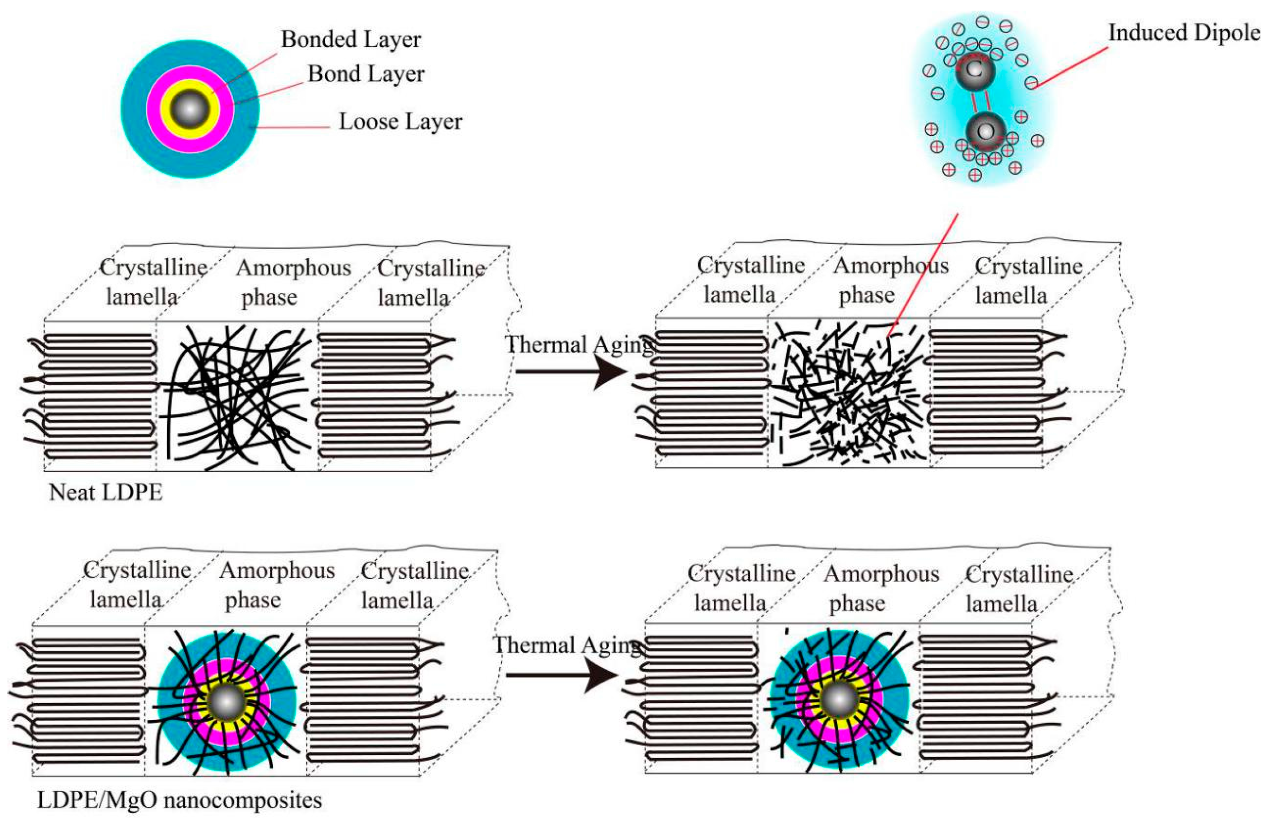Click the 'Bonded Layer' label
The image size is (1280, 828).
coord(351,40)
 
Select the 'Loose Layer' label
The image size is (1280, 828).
coord(400,122)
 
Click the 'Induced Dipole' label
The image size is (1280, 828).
coord(1184,33)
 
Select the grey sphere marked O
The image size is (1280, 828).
coord(985,131)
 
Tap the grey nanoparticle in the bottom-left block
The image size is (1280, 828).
coord(226,701)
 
